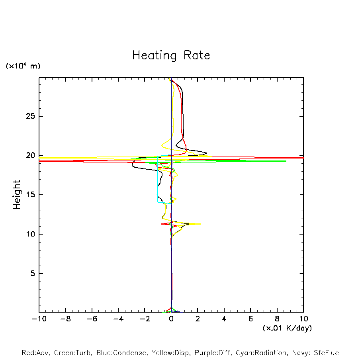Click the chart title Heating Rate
pos(171,55)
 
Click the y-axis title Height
pos(17,195)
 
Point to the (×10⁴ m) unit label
pos(23,66)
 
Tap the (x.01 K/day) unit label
pos(287,328)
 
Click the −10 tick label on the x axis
pos(39,319)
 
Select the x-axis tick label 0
pos(171,319)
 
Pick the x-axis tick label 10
pos(303,319)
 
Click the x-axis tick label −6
pos(92,319)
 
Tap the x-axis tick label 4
pos(224,319)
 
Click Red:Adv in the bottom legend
pos(35,353)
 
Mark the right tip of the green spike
pos(286,161)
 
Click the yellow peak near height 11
pos(201,224)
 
